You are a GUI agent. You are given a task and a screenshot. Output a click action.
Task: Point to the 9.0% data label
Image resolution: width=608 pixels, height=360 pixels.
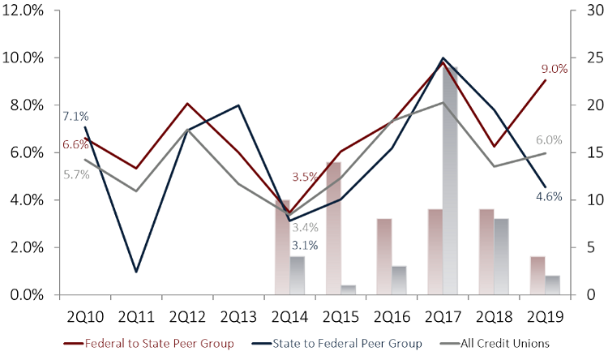pos(554,69)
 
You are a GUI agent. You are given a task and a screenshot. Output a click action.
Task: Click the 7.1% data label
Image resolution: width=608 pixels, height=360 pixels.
pos(75,116)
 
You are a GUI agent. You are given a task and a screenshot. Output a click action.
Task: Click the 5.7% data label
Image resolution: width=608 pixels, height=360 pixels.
pos(75,174)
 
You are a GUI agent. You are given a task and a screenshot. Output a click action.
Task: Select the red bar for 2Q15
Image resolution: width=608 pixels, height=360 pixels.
pos(333,228)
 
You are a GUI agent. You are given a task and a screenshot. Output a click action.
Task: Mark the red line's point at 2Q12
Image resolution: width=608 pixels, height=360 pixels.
pos(187,104)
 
